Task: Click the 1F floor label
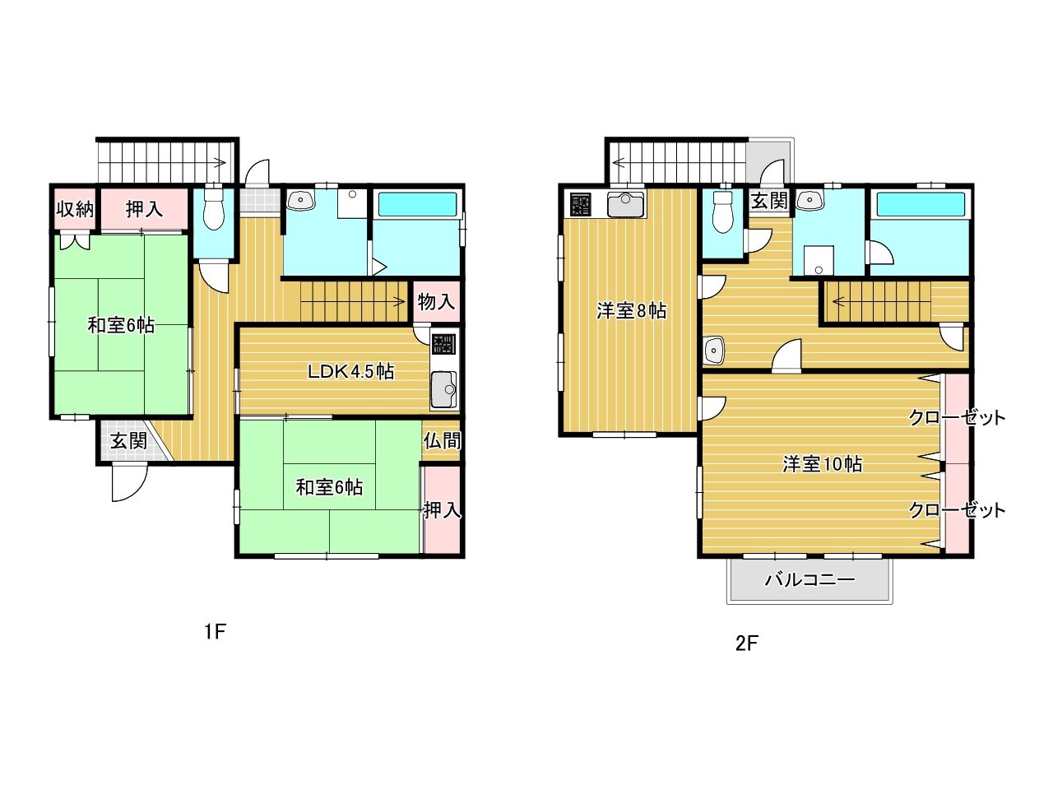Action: pos(215,632)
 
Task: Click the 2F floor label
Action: pos(746,644)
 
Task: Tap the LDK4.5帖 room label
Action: pos(350,372)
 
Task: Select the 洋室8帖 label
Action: pos(631,311)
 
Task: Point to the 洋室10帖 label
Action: pos(823,464)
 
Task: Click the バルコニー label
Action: pos(809,580)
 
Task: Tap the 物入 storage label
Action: pos(436,302)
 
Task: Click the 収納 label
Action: pos(75,209)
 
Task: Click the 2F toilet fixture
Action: pos(723,212)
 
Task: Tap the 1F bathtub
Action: pos(417,204)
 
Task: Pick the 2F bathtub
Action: pos(921,205)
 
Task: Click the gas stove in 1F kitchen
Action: pos(443,344)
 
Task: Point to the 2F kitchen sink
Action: pos(625,205)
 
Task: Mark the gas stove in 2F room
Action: pos(581,204)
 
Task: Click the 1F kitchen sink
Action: pos(444,389)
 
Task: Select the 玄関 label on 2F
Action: pos(769,201)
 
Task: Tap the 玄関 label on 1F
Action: pos(128,441)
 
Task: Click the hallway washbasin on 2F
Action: pos(713,351)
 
